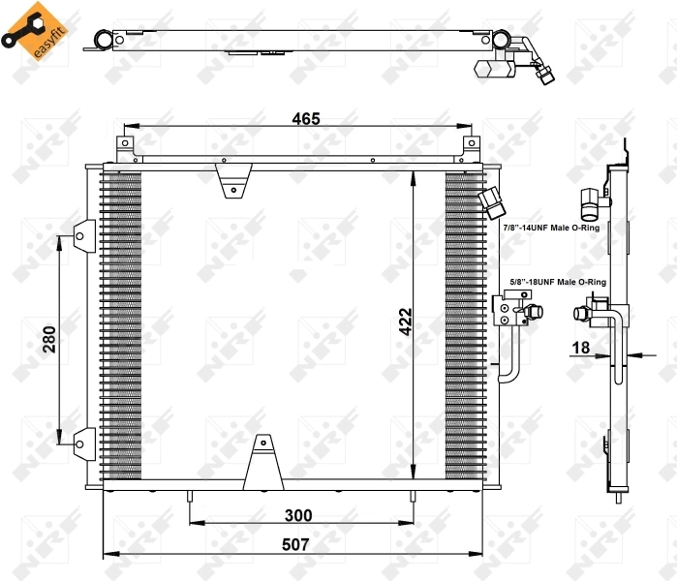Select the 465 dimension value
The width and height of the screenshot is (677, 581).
[x=306, y=119]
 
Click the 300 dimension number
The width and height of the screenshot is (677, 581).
[x=298, y=516]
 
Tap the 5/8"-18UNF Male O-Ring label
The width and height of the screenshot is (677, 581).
[x=557, y=282]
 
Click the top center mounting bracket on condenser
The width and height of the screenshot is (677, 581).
[x=233, y=179]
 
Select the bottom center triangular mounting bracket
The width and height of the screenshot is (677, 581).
[x=262, y=464]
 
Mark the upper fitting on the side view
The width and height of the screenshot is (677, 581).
[x=590, y=201]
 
